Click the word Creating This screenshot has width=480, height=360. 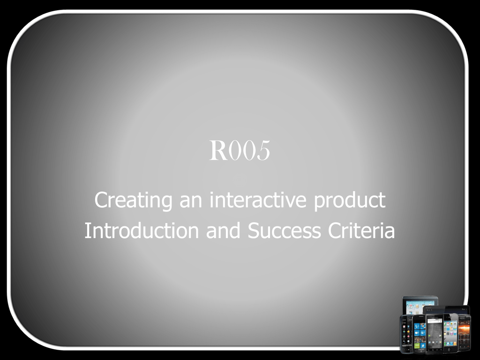point(133,200)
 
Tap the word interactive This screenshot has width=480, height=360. point(258,200)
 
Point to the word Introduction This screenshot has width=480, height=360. point(142,230)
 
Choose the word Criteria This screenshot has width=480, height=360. point(361,230)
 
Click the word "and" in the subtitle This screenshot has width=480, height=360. point(223,230)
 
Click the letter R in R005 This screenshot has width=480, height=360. point(218,150)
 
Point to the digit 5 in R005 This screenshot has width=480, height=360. point(263,150)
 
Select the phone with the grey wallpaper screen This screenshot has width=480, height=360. point(435,333)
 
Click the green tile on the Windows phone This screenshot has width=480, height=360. point(417,345)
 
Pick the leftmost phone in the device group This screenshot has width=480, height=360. point(406,334)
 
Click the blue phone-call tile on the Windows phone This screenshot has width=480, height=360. point(417,326)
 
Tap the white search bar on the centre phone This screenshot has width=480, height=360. point(435,321)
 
